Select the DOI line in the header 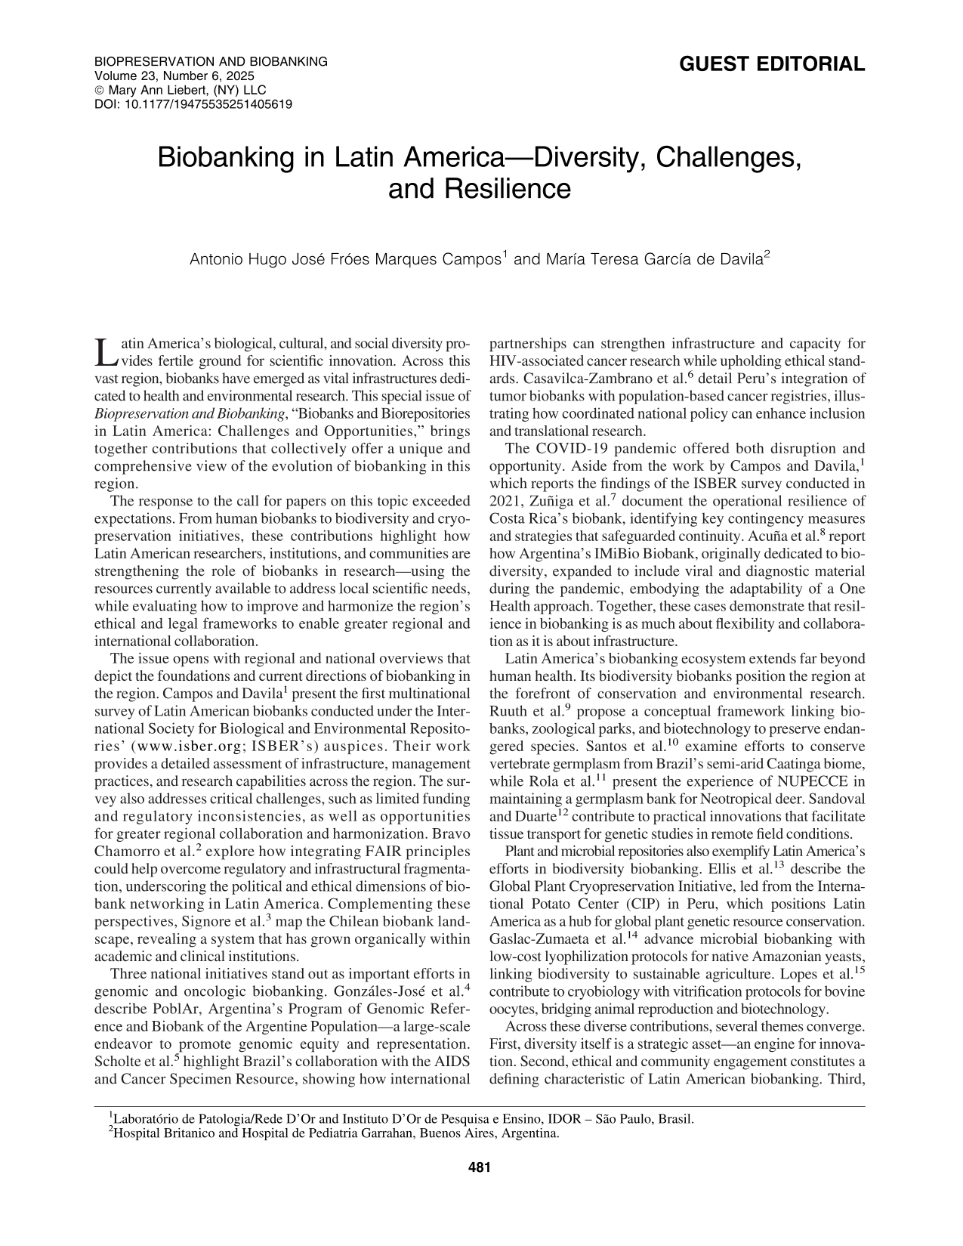point(193,104)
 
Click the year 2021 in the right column point(504,501)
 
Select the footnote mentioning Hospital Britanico point(332,1133)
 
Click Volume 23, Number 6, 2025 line point(174,76)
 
